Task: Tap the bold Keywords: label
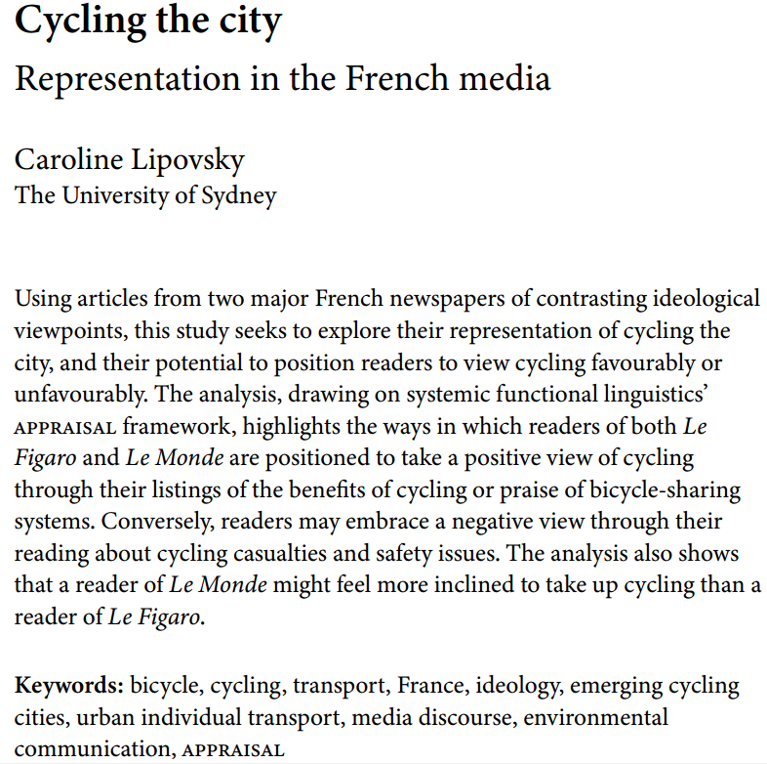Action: [67, 686]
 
